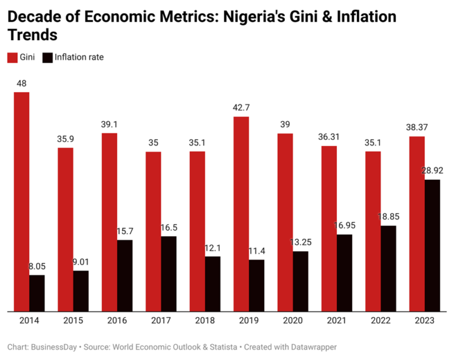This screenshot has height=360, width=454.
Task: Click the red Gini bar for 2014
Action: (22, 201)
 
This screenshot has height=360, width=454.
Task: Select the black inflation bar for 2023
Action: (433, 245)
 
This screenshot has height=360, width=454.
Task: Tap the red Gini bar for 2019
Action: (241, 213)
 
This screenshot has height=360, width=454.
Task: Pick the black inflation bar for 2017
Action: (168, 273)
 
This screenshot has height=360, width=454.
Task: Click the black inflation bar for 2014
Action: (37, 293)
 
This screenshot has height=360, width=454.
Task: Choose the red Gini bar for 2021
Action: (329, 228)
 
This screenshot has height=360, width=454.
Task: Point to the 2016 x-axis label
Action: (116, 320)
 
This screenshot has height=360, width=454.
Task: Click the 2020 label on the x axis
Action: (293, 320)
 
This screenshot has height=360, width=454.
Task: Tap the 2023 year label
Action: (424, 320)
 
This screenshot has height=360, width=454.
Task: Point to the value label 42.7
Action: (241, 108)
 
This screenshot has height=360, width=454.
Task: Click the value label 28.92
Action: (433, 170)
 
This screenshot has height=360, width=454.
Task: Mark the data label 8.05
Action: (37, 267)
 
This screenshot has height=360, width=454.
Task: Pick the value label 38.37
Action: (417, 128)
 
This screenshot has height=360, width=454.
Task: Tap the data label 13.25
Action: (301, 243)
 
